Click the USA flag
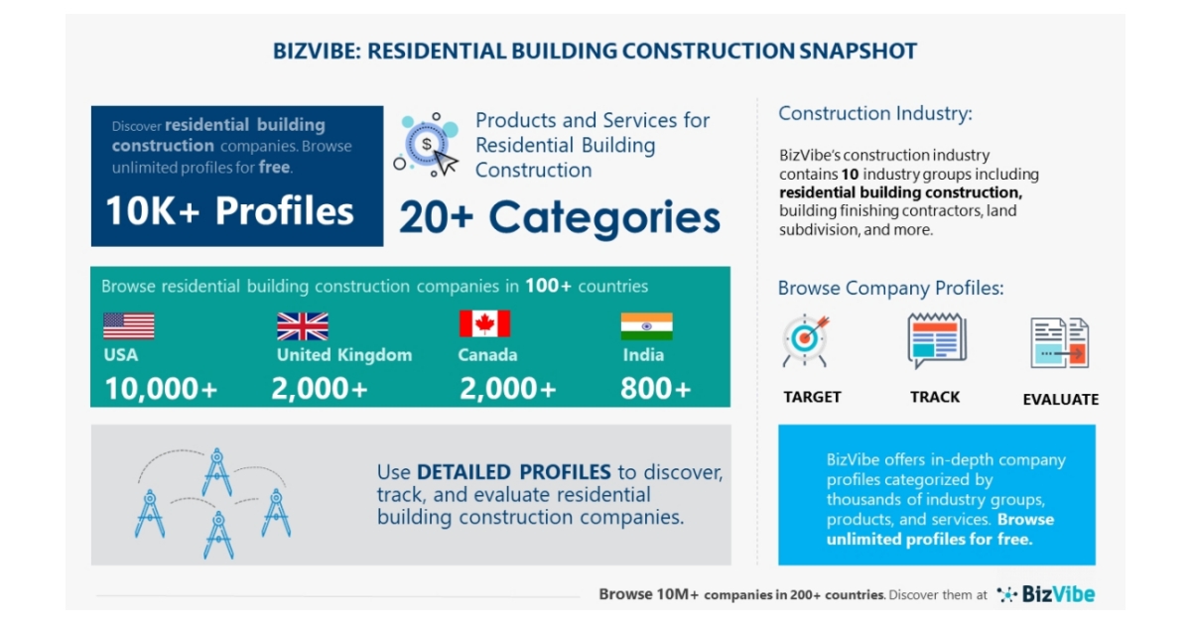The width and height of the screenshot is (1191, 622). tap(128, 326)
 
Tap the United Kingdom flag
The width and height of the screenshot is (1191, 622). tap(302, 326)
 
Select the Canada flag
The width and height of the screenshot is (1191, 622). tap(484, 323)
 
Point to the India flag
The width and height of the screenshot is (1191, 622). tap(646, 326)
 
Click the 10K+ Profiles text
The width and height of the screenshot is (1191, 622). tap(229, 211)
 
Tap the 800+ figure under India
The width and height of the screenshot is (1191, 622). tap(655, 389)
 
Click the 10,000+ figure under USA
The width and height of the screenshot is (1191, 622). tap(161, 389)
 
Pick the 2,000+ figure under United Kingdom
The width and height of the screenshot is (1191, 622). tap(320, 389)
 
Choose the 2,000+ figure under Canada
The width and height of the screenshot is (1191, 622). tap(507, 389)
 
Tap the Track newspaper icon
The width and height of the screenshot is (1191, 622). tap(936, 341)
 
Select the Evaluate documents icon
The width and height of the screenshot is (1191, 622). tap(1059, 343)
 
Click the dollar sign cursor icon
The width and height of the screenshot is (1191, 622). tap(428, 145)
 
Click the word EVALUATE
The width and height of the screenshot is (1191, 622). tap(1060, 400)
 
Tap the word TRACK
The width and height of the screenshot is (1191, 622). tap(935, 397)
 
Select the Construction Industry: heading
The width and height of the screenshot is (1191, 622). tap(874, 113)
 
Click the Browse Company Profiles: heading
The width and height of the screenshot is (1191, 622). tap(890, 289)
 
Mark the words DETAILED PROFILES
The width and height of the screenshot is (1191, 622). tap(513, 472)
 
